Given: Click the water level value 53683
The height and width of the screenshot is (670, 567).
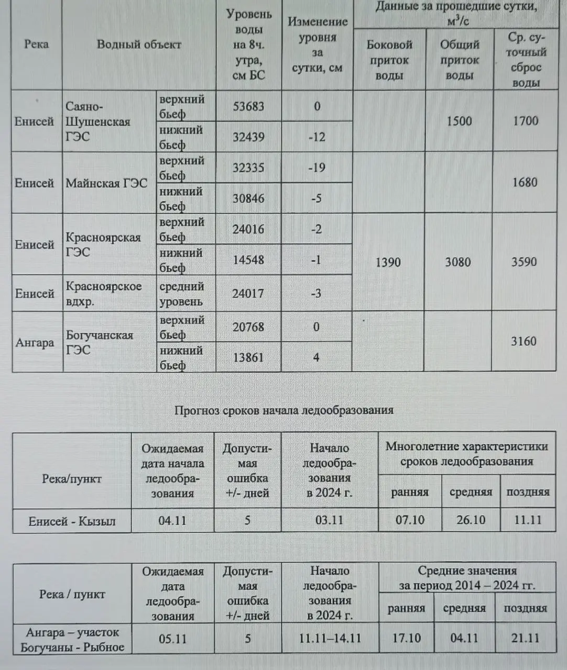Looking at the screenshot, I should pyautogui.click(x=248, y=106).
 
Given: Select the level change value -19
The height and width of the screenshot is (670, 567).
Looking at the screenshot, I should pyautogui.click(x=317, y=167).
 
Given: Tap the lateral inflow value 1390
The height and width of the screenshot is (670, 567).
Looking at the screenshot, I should pyautogui.click(x=388, y=262).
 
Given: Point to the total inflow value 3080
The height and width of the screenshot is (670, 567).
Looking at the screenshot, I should pyautogui.click(x=458, y=262).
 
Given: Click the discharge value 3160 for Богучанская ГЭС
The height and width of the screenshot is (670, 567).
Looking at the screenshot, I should pyautogui.click(x=524, y=341).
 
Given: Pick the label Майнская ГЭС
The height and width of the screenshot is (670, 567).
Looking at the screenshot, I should pyautogui.click(x=106, y=183).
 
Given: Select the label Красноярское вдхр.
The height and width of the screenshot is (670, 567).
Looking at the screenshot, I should pyautogui.click(x=104, y=294).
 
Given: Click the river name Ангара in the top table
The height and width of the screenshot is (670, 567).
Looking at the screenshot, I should pyautogui.click(x=35, y=343).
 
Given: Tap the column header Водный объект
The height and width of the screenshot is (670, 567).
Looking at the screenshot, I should pyautogui.click(x=139, y=44).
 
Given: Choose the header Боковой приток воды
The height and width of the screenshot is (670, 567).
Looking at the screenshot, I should pyautogui.click(x=389, y=60).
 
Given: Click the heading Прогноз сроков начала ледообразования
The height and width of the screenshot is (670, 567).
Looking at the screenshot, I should pyautogui.click(x=283, y=410).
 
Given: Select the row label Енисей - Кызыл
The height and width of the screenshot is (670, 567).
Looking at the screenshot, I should pyautogui.click(x=72, y=521).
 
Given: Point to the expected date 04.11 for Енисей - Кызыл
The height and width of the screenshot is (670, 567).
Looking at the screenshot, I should pyautogui.click(x=172, y=521).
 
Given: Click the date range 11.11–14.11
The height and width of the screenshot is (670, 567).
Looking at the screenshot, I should pyautogui.click(x=330, y=639).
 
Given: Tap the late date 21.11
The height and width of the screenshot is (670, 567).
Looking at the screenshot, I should pyautogui.click(x=525, y=638).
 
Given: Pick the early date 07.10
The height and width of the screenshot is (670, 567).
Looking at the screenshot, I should pyautogui.click(x=410, y=520).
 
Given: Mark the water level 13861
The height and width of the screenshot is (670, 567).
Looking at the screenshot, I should pyautogui.click(x=248, y=358).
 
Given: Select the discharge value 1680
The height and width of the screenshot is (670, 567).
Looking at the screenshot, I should pyautogui.click(x=525, y=182).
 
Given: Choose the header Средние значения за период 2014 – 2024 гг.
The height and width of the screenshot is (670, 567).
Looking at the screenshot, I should pyautogui.click(x=467, y=578).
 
